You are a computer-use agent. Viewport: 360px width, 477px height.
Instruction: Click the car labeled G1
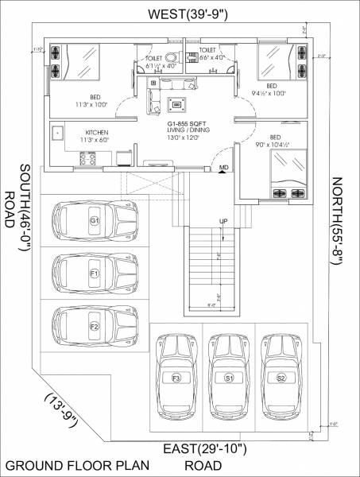pyautogui.click(x=95, y=220)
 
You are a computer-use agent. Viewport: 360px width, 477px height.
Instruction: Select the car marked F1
pyautogui.click(x=95, y=274)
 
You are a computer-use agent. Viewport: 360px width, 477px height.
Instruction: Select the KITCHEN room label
pyautogui.click(x=97, y=132)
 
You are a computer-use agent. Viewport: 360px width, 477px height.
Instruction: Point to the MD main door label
pyautogui.click(x=225, y=168)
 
